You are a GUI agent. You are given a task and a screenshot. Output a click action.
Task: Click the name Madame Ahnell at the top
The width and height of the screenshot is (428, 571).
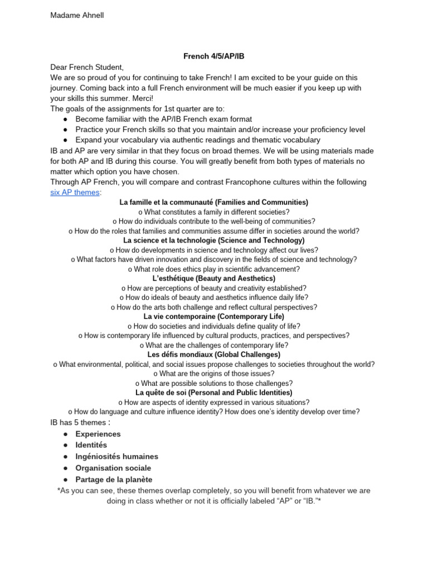[x=77, y=16]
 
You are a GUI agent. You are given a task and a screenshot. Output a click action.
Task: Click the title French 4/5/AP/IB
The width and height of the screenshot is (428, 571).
[x=213, y=57]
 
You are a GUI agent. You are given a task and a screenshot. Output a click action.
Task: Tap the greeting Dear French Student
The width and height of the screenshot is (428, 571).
[x=86, y=67]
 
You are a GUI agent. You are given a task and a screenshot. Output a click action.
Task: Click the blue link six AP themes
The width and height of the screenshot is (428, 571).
[x=75, y=192]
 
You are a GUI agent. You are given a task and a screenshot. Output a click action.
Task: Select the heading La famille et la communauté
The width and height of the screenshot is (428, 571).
[x=214, y=202]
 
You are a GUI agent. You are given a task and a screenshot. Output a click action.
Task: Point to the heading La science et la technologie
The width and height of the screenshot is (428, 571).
[x=214, y=240]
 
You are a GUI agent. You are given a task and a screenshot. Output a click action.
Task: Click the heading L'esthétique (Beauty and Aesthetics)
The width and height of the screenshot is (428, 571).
[x=214, y=278]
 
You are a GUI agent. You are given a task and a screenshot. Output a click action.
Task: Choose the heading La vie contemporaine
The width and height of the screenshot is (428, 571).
[x=214, y=316]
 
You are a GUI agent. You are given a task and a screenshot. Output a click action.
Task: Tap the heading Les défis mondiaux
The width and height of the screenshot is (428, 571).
[x=214, y=354]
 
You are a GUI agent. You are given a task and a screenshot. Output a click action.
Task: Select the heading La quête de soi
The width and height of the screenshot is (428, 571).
[x=214, y=393]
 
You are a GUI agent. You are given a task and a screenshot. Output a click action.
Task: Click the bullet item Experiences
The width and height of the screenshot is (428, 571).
[x=98, y=434]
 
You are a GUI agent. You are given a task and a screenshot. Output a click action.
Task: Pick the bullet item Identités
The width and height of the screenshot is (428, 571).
[x=91, y=445]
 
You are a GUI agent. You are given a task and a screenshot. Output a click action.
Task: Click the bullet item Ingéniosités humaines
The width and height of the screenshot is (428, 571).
[x=117, y=457]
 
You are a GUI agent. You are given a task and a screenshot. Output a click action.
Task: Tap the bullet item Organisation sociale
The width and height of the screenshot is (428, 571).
[x=113, y=468]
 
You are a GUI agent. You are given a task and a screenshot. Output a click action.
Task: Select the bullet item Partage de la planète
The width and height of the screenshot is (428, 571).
[x=114, y=480]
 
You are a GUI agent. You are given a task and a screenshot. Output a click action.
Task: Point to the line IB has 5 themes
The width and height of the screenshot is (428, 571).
[x=78, y=423]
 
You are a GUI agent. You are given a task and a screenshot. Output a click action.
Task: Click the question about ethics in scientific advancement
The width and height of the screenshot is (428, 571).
[x=214, y=269]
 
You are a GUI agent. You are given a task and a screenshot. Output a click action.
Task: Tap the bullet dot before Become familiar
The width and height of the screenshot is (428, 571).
[x=65, y=119]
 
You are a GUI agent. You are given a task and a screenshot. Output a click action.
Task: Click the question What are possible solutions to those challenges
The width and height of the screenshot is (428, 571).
[x=214, y=383]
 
